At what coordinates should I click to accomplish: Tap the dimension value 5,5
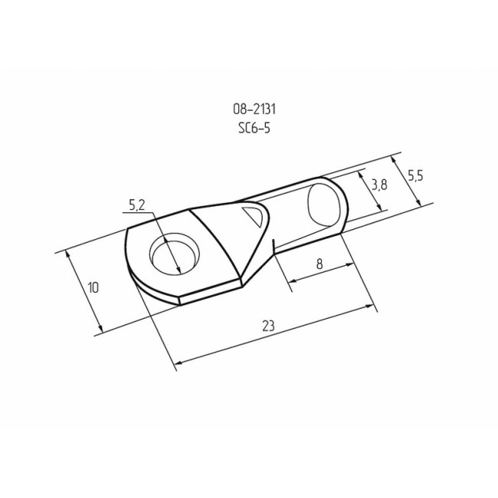tap(415, 175)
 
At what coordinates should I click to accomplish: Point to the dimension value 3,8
tap(378, 185)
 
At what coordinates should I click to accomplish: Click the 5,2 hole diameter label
tap(137, 205)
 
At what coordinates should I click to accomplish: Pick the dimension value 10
tap(93, 288)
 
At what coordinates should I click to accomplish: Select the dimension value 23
tap(267, 325)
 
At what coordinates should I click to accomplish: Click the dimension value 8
tap(319, 263)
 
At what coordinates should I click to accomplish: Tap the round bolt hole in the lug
tap(172, 255)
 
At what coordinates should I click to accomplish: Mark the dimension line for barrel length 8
tap(322, 275)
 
